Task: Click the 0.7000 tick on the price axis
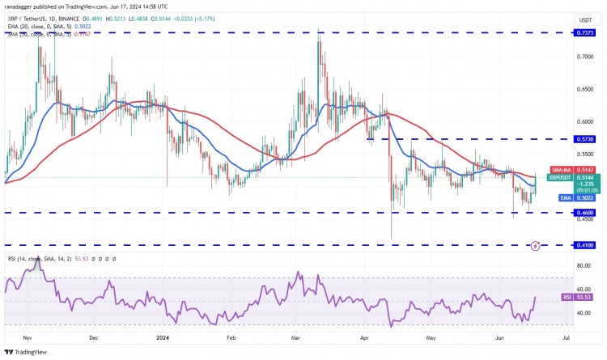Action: point(584,57)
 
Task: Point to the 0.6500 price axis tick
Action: point(584,89)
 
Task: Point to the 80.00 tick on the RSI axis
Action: point(583,265)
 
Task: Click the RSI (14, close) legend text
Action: point(32,259)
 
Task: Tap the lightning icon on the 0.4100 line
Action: point(535,244)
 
